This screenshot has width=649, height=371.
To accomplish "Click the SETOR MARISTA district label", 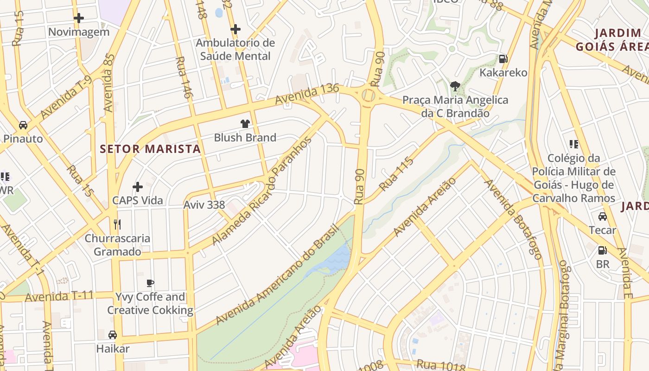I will click(x=150, y=149).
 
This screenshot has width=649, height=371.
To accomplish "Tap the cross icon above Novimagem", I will click(x=79, y=18).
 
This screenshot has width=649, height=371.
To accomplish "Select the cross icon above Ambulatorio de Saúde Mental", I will click(x=235, y=29).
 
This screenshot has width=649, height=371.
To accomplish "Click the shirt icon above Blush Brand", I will click(x=245, y=123).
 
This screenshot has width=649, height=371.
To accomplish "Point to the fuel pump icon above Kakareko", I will click(x=503, y=59).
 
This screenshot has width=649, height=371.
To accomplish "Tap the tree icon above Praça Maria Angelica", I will click(x=455, y=86).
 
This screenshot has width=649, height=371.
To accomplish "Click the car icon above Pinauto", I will click(x=23, y=125).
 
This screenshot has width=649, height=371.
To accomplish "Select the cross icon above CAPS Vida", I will click(x=138, y=187).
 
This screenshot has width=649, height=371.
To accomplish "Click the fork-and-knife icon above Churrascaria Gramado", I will click(x=117, y=224).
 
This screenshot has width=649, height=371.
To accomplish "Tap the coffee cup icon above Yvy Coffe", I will click(x=150, y=283).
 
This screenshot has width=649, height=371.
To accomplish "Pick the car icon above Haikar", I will click(x=113, y=334).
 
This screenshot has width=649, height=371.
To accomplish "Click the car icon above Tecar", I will click(x=603, y=216).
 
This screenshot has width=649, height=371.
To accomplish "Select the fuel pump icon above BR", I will click(x=602, y=250).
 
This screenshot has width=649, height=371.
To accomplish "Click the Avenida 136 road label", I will click(x=307, y=94).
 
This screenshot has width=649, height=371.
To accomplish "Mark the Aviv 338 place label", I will click(x=204, y=205).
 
